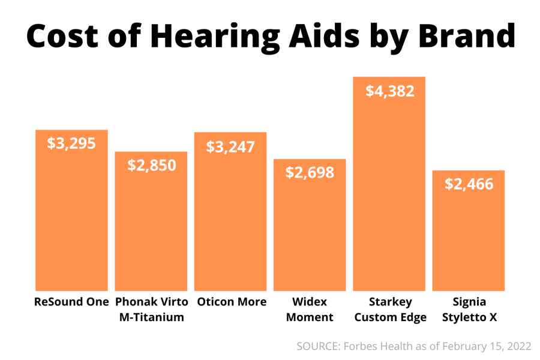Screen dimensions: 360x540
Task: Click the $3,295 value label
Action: click(x=71, y=143)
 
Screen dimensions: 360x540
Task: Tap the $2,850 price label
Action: click(x=152, y=166)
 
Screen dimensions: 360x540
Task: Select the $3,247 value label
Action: click(x=230, y=146)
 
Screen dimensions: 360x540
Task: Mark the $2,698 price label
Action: click(x=310, y=173)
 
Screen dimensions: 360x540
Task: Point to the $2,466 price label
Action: click(x=469, y=184)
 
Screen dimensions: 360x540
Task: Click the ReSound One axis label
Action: click(x=71, y=302)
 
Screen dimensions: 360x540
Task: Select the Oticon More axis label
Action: click(x=230, y=302)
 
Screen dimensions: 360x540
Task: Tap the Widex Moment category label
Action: click(x=310, y=309)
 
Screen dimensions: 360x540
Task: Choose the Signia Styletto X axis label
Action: click(x=469, y=309)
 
